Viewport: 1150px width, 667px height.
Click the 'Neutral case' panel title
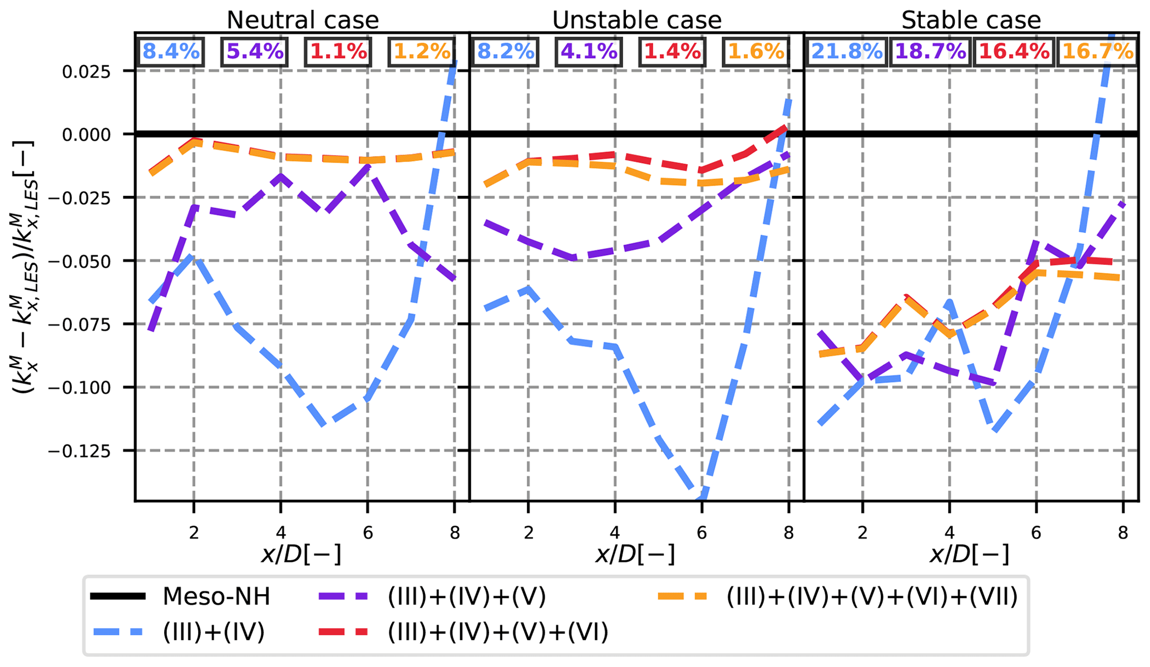[x=303, y=21]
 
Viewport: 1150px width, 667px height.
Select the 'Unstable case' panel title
[x=636, y=21]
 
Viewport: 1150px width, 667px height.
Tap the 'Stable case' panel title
[x=971, y=21]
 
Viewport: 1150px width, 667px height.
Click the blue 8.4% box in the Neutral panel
[x=171, y=52]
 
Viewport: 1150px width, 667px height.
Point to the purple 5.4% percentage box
[x=255, y=52]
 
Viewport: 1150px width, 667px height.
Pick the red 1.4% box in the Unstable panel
[x=672, y=52]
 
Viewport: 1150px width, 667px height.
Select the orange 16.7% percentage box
[x=1098, y=52]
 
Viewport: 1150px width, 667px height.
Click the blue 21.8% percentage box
[x=847, y=52]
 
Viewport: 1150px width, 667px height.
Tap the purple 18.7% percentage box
[x=931, y=52]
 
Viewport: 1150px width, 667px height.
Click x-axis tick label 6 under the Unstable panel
[x=702, y=533]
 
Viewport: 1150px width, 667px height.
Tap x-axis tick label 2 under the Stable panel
[x=862, y=533]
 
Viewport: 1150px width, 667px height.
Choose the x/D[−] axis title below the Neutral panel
[x=301, y=555]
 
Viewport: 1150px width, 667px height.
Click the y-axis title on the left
[x=25, y=267]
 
